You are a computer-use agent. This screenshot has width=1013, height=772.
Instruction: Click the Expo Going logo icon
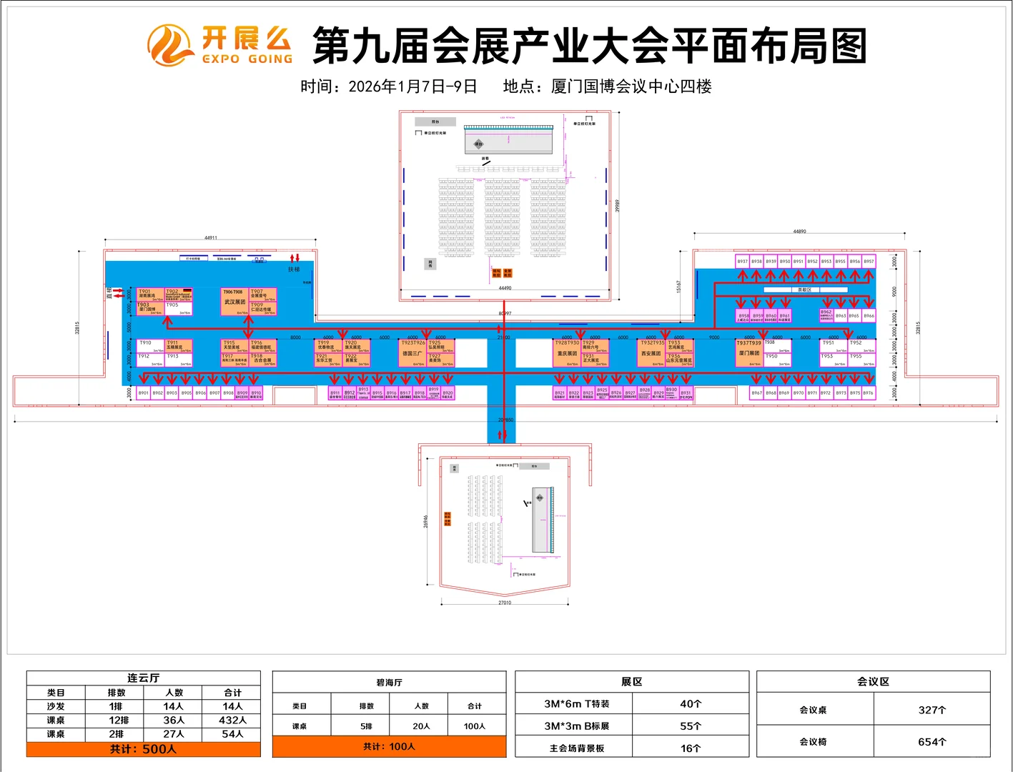pos(170,45)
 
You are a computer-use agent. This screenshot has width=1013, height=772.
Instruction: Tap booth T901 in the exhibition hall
pos(150,295)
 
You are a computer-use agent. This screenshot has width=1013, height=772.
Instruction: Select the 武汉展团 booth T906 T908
pos(234,302)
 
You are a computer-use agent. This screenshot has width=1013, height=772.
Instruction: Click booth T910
pos(150,347)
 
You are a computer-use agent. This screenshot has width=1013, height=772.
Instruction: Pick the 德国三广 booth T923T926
pos(412,353)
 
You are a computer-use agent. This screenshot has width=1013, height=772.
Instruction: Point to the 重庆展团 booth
pos(568,353)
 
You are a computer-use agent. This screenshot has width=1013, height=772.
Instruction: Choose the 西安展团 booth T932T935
pos(651,353)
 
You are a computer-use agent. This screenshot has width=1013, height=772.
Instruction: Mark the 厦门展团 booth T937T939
pos(749,353)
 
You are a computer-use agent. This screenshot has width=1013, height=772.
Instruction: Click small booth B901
pos(144,392)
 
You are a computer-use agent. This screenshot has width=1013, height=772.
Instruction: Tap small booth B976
pos(868,392)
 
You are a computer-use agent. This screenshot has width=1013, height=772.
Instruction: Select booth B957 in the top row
pos(869,262)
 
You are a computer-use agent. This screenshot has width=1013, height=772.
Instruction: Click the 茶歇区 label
pos(805,289)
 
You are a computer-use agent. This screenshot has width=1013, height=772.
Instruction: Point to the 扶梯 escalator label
pos(294,269)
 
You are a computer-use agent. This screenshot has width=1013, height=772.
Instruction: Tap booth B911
pos(335,393)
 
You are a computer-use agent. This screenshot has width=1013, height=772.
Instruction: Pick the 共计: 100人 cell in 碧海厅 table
pos(389,746)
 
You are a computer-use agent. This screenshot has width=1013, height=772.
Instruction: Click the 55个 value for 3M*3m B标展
pos(690,726)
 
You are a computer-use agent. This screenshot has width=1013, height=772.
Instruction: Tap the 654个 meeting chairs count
pos(932,742)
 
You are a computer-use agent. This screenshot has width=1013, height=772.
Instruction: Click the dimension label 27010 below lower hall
pos(505,603)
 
